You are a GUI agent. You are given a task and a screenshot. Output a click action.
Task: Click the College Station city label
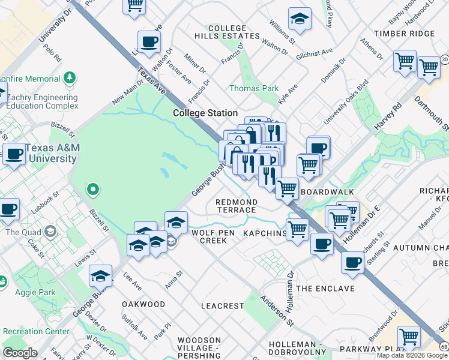[205, 113]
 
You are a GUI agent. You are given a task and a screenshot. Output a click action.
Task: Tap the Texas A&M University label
[50, 154]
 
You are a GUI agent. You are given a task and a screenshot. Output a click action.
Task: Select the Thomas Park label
[254, 88]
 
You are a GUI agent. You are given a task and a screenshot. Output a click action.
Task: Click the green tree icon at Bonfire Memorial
[70, 77]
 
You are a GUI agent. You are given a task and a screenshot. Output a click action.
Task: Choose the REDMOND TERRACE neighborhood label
[236, 206]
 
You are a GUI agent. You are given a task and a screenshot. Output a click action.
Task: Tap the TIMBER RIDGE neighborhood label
[403, 34]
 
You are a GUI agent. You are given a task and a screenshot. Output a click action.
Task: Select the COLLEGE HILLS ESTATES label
[228, 32]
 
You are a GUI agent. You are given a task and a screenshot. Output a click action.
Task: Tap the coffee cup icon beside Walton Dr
[149, 42]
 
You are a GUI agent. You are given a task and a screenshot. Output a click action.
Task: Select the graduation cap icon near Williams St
[299, 19]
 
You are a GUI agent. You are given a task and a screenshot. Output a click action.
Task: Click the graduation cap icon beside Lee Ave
[100, 275]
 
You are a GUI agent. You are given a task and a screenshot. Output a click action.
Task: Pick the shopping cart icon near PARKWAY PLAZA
[409, 337]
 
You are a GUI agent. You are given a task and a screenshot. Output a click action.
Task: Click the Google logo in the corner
[20, 353]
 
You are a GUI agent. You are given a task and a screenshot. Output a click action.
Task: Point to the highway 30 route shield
[444, 59]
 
